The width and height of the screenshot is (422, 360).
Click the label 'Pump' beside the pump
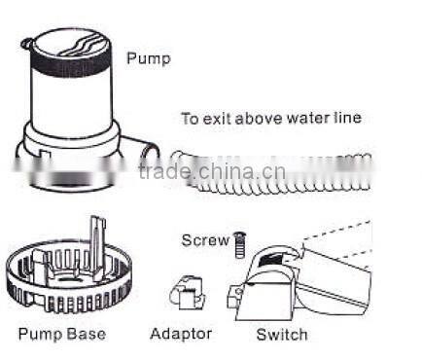tap(148, 58)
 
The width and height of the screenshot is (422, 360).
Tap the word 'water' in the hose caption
tap(305, 119)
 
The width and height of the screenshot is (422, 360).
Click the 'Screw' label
tap(205, 240)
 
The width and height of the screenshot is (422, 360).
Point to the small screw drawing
tap(237, 244)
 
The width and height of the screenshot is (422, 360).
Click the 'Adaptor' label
tap(181, 335)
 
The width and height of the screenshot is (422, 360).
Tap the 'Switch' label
tap(281, 335)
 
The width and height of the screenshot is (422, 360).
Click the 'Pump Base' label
tap(61, 335)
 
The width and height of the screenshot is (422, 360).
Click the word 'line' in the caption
tap(346, 119)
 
